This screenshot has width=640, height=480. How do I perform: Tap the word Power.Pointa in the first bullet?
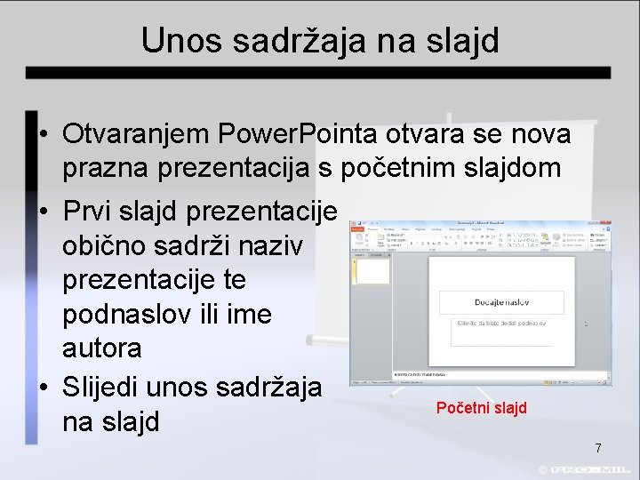tap(301, 134)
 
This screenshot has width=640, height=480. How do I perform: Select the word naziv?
tap(275, 246)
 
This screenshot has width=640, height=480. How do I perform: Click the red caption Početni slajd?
tap(481, 408)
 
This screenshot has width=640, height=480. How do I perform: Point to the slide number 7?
tap(598, 448)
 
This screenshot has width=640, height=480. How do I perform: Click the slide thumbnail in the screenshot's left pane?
tap(373, 271)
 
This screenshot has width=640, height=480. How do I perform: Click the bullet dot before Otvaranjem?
tap(43, 135)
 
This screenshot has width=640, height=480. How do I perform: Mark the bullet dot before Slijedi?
tap(43, 388)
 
